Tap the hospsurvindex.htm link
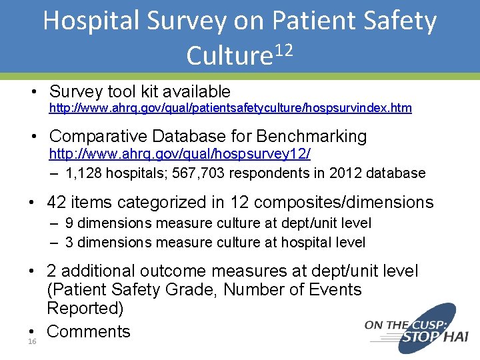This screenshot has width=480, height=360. pyautogui.click(x=230, y=107)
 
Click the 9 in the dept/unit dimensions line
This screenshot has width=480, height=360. pyautogui.click(x=70, y=223)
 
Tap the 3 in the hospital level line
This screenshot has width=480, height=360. pyautogui.click(x=70, y=242)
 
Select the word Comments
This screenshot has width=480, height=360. pyautogui.click(x=89, y=331)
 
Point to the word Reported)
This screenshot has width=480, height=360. pyautogui.click(x=85, y=309)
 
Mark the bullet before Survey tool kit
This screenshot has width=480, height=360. pyautogui.click(x=32, y=92)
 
